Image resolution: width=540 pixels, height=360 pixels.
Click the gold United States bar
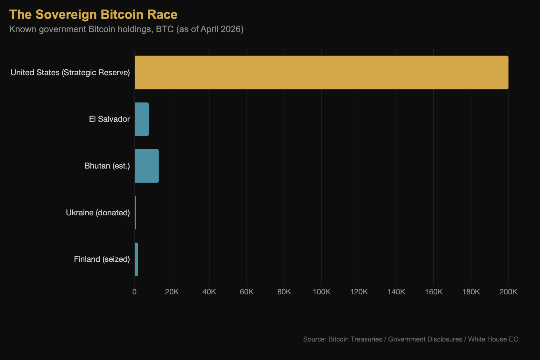point(321,72)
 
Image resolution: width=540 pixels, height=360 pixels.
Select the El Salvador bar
point(142,119)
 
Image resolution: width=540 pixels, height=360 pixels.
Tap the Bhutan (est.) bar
point(146,166)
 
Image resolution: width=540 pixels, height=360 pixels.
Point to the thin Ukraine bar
point(135,212)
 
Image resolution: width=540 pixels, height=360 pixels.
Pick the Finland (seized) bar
point(136,259)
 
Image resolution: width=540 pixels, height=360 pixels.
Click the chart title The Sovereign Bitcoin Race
point(93,15)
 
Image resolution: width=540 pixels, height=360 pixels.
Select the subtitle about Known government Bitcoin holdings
point(126,29)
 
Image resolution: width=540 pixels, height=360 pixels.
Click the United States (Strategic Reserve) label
point(70,73)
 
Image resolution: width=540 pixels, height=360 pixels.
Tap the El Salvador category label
point(109,119)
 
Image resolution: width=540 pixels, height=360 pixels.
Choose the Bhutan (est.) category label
point(107,166)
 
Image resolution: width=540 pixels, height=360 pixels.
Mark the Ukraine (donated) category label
point(98,213)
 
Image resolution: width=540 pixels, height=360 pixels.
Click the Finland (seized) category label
point(102,259)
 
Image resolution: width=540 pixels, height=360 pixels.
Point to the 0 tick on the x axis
point(134,292)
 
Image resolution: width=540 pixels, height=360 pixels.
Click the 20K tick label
point(172,292)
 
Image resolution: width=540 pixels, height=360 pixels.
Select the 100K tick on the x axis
point(321,292)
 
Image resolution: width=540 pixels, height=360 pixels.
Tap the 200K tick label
point(508,292)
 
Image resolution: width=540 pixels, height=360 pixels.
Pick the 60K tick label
point(246,292)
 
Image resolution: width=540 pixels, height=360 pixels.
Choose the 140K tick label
point(396,292)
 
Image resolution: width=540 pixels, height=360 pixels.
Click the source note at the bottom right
point(411,339)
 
